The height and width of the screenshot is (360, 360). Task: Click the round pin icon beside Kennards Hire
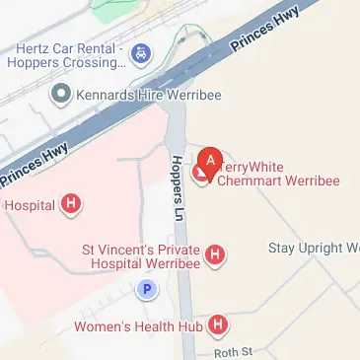pos(60,94)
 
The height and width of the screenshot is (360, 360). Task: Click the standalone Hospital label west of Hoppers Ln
pos(31,205)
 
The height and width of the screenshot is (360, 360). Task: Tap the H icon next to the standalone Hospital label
pos(70,205)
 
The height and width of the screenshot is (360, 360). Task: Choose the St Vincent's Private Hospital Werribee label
pos(140,257)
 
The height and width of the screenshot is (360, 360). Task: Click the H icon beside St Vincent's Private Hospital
pos(214,256)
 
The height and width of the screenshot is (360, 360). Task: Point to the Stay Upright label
pos(314,248)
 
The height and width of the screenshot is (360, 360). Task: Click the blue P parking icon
pos(146,290)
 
